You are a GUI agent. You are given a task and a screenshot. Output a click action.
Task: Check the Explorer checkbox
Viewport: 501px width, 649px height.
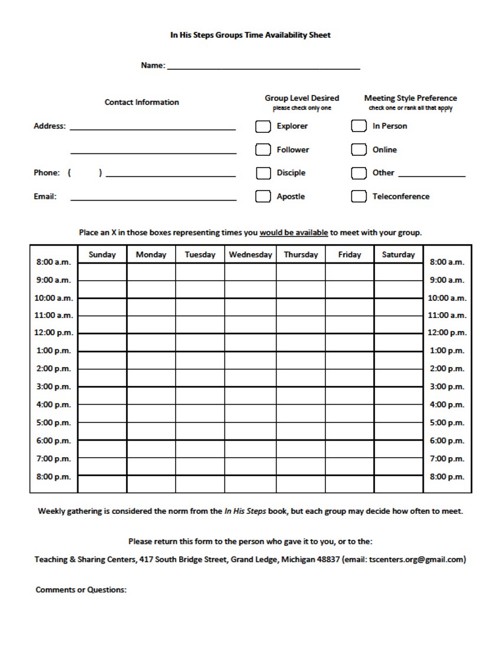tap(263, 126)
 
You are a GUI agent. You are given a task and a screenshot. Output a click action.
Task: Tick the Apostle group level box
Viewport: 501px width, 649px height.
tap(263, 196)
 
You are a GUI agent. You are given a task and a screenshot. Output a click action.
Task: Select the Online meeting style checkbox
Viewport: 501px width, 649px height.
tap(359, 150)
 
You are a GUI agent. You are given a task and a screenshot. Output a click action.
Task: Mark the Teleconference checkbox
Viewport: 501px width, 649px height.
tap(359, 196)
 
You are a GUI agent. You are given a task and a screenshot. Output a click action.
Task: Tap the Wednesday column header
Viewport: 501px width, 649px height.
tap(250, 255)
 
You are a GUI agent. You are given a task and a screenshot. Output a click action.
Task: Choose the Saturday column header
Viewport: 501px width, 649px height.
tap(398, 255)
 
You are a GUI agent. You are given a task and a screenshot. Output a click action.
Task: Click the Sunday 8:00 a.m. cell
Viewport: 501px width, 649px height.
tap(102, 272)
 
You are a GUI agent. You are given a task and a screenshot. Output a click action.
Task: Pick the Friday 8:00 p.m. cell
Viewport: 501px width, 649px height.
tap(350, 484)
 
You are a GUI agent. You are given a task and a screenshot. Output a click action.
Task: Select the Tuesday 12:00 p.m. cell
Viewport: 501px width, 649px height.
tap(200, 342)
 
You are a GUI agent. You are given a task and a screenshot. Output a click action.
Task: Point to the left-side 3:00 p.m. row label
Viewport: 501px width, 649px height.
tap(54, 387)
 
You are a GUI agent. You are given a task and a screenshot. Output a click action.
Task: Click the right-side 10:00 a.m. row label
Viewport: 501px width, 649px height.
tap(447, 298)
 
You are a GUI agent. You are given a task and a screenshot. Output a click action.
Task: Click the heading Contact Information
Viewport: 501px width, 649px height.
tap(142, 102)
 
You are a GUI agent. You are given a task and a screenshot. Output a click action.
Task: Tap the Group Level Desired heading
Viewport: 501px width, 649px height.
tap(302, 99)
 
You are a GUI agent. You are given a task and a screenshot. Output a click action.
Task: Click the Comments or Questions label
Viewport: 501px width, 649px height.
tap(81, 590)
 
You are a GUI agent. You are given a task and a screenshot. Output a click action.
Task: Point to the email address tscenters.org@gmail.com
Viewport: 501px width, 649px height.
tap(416, 560)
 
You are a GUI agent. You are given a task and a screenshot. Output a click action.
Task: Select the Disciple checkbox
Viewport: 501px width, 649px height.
tap(263, 173)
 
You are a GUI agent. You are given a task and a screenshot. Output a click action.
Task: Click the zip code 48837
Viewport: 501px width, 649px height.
tap(328, 560)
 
